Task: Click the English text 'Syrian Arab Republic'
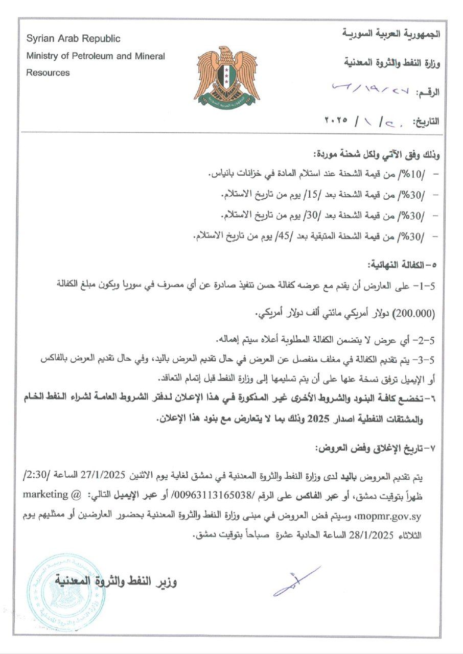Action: point(73,39)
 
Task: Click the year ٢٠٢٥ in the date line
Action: point(336,121)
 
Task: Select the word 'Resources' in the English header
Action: point(48,73)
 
